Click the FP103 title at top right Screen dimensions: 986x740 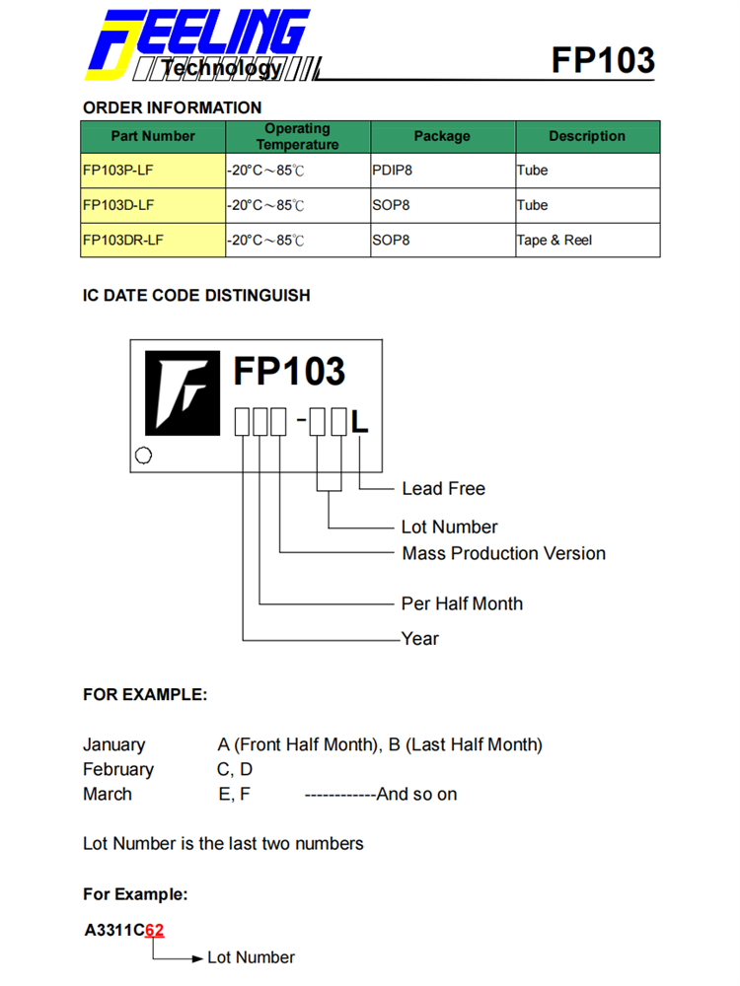[602, 60]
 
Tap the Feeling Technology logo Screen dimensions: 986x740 [197, 45]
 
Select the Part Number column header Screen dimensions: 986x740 [153, 136]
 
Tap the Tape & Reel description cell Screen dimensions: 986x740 [555, 240]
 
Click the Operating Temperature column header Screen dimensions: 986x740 [297, 136]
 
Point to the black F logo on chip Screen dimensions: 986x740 [183, 391]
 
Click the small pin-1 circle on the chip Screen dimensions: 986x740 [143, 457]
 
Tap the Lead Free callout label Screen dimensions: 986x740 [443, 488]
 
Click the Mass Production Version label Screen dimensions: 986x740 [503, 553]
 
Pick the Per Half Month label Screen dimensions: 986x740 [462, 603]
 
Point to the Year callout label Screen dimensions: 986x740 [420, 638]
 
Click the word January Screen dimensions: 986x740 [113, 744]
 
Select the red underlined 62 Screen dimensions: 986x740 [155, 930]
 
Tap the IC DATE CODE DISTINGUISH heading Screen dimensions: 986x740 [196, 295]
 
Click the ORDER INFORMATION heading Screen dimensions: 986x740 [173, 107]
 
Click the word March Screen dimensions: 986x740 [108, 794]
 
